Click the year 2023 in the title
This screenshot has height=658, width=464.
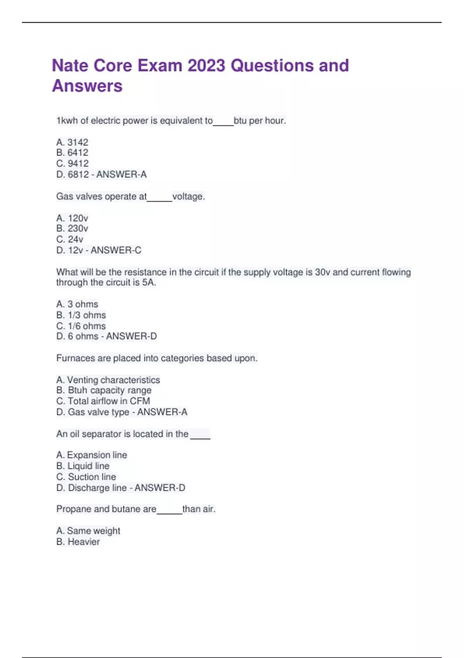tap(206, 66)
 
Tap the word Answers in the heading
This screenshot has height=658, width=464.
tap(87, 86)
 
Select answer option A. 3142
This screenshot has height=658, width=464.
tap(72, 142)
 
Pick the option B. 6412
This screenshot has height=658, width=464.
tap(72, 153)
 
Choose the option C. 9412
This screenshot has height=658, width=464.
tap(72, 163)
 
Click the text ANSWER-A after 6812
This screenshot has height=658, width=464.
tap(121, 175)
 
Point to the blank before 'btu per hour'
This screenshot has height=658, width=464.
tap(223, 122)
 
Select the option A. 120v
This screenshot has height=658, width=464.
tap(72, 218)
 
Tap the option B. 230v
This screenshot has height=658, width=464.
tap(72, 228)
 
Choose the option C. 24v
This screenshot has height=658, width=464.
tap(70, 239)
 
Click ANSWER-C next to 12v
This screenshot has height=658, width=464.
tap(116, 250)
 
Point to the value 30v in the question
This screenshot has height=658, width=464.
tap(322, 272)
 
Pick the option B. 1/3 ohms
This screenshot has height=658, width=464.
tap(81, 315)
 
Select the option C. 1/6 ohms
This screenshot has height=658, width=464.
tap(81, 326)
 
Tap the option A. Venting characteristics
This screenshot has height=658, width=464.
tap(108, 380)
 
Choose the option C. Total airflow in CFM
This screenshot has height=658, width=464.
tap(103, 401)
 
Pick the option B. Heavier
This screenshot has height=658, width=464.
tap(78, 541)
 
